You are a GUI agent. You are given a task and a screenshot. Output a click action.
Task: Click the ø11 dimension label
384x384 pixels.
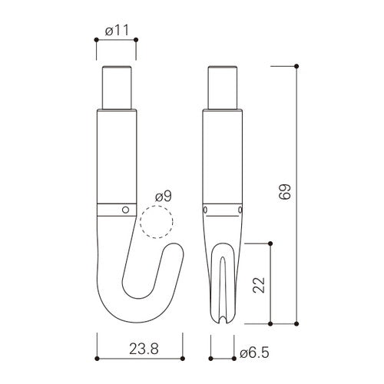pos(117,31)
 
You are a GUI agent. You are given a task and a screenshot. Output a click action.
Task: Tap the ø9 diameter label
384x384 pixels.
pos(164,197)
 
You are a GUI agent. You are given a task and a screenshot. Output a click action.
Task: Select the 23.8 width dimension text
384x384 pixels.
pos(144,349)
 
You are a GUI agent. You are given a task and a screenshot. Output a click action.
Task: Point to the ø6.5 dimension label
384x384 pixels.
pos(254,353)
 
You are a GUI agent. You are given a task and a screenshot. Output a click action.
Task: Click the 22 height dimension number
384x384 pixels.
pos(259,285)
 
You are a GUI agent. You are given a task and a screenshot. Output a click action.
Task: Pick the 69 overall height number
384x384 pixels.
pos(285,191)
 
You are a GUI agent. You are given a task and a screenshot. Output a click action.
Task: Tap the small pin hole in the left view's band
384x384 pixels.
pos(125,210)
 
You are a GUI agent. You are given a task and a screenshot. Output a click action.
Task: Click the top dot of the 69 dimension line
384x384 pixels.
pos(296,66)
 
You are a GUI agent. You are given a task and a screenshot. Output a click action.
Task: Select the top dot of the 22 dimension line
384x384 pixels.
pos(270,243)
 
